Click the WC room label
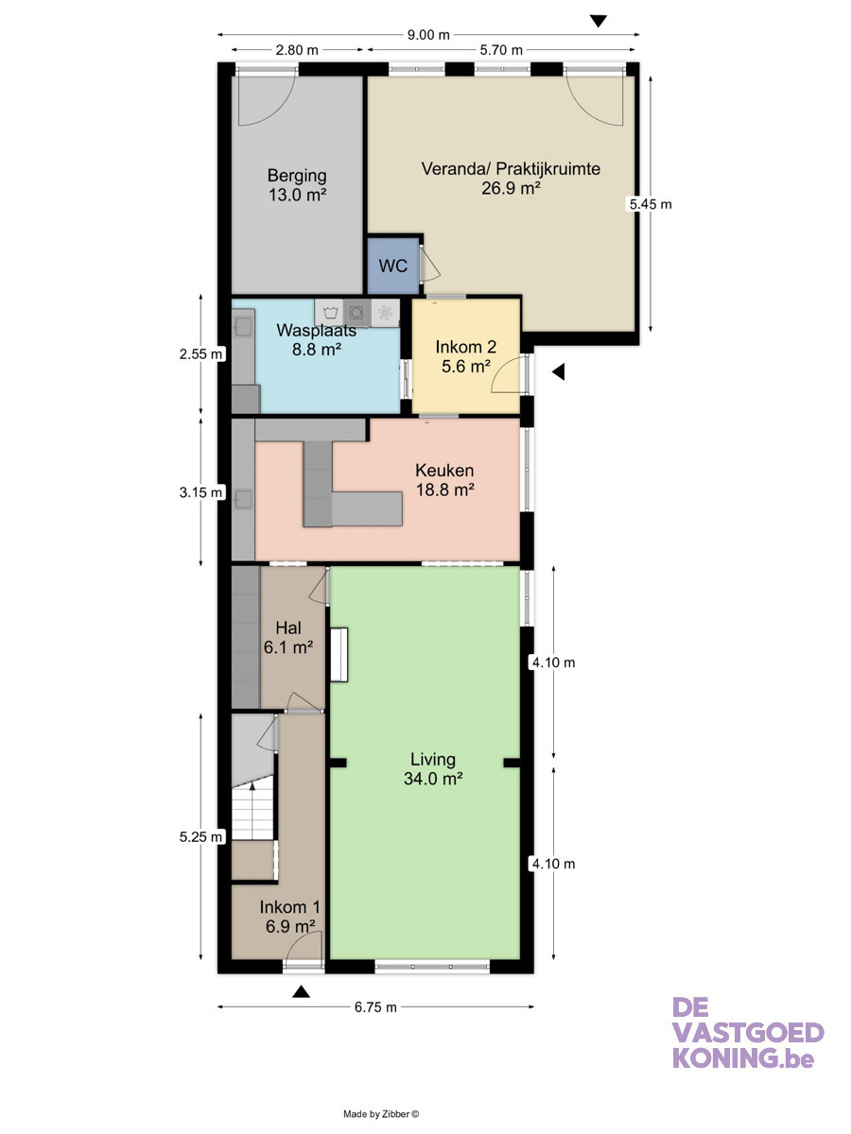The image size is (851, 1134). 392,266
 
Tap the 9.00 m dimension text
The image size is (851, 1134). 428,35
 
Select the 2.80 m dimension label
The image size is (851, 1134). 297,50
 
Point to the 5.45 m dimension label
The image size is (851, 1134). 651,204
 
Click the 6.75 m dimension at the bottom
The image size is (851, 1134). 375,1007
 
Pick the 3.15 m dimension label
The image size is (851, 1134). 201,492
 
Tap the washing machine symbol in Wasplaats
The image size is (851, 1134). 330,312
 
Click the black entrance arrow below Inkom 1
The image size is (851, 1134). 302,991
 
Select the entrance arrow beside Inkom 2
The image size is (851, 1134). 559,371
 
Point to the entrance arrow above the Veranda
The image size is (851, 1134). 599,21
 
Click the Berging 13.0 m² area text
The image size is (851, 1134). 297,195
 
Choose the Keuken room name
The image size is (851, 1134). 444,470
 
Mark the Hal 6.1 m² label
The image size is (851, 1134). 288,637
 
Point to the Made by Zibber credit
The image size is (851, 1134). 381,1114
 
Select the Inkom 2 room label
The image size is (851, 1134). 465,347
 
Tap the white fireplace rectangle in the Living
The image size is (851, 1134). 339,655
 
